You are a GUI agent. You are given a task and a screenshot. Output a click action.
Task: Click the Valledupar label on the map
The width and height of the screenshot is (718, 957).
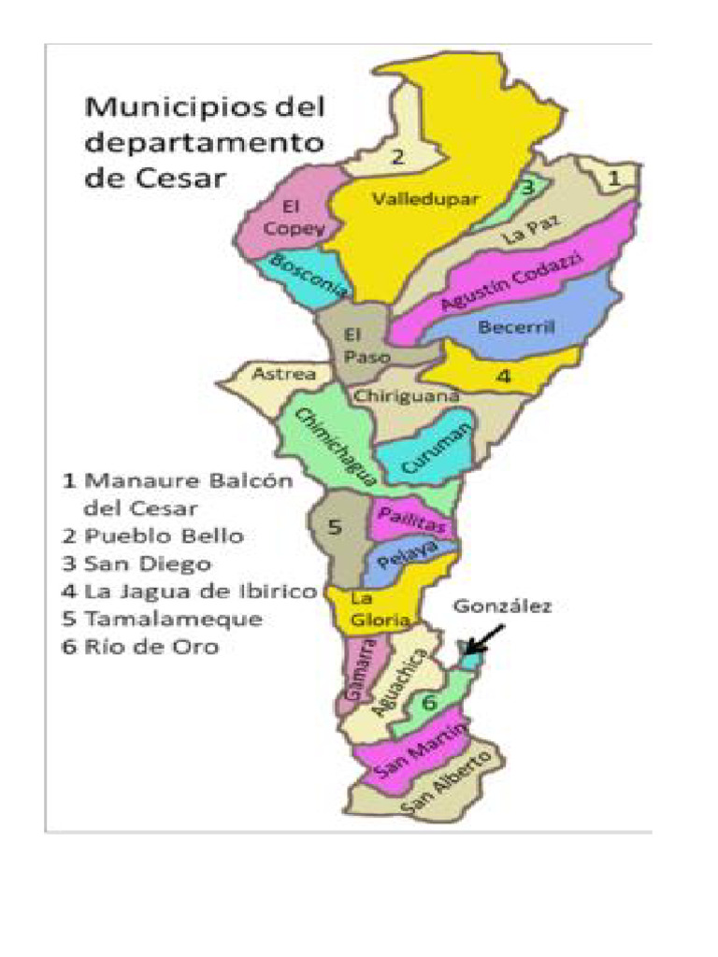pos(425,199)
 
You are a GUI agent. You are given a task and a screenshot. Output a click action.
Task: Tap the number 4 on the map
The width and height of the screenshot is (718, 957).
pos(503,377)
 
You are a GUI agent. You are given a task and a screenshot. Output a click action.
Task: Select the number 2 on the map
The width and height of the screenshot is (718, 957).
pos(396,157)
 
